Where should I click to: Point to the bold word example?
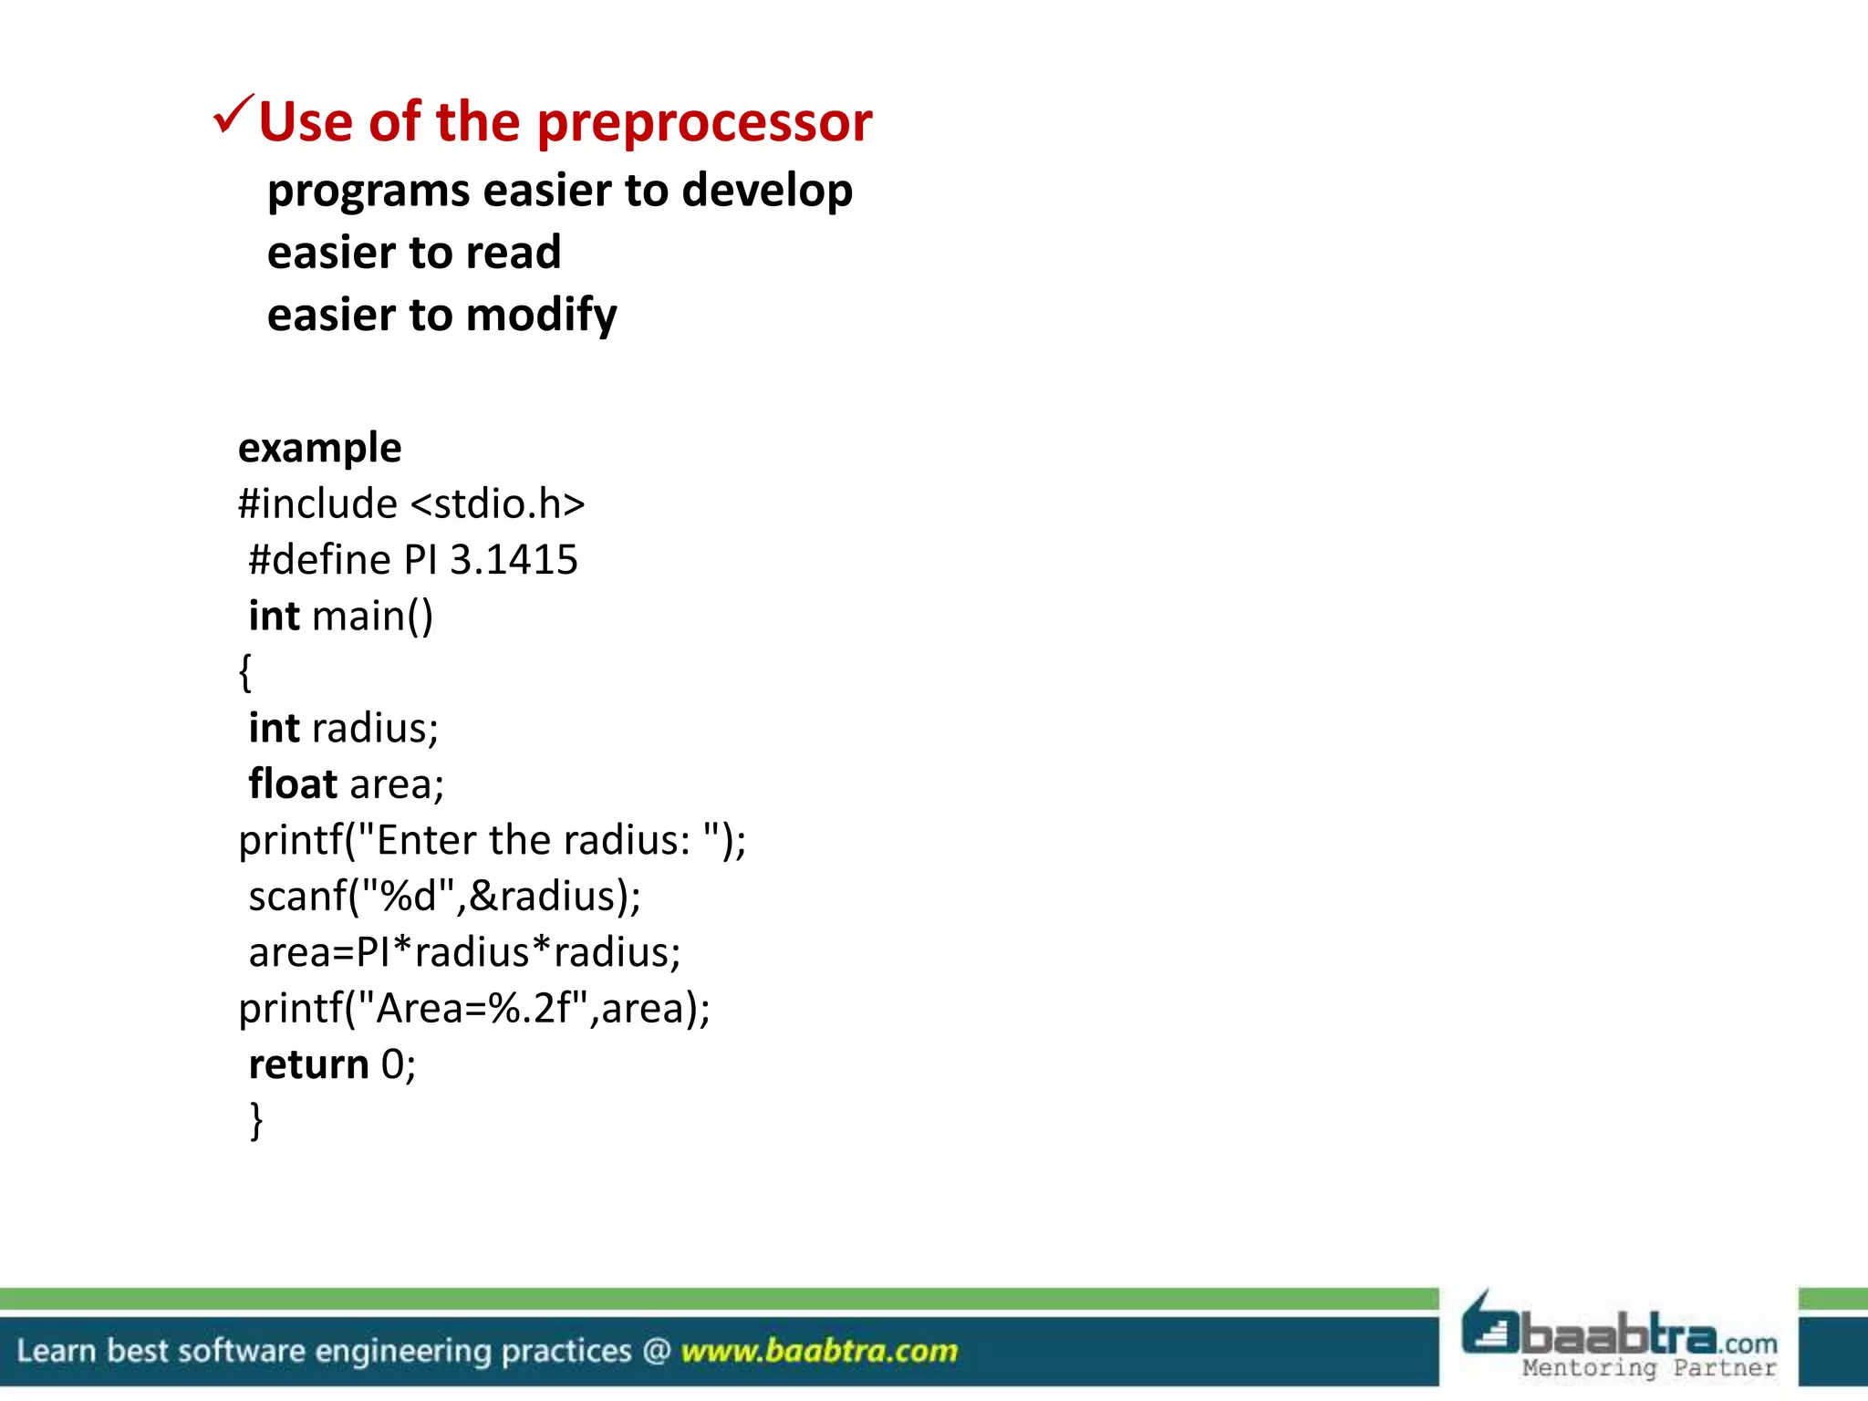coord(319,449)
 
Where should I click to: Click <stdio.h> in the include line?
coord(498,504)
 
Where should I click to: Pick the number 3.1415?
coord(514,560)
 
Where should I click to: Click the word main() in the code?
coord(372,617)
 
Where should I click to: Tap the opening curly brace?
coord(244,672)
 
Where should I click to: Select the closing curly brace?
coord(256,1120)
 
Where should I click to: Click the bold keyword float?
coord(293,784)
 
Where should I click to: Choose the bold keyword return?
coord(308,1064)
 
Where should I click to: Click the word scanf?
coord(297,897)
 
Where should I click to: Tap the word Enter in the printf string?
coord(427,841)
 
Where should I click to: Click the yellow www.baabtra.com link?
coord(819,1351)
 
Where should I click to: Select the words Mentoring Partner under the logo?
coord(1649,1369)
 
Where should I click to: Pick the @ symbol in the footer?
coord(657,1351)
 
